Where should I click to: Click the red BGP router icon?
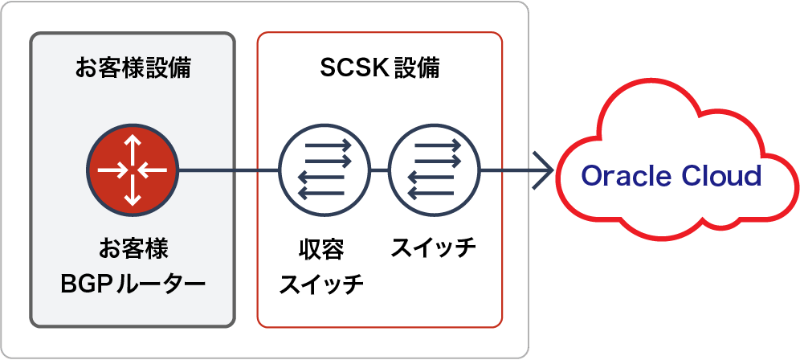(x=133, y=170)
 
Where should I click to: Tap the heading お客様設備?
(x=133, y=68)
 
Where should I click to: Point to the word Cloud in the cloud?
(x=716, y=176)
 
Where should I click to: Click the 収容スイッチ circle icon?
(x=324, y=170)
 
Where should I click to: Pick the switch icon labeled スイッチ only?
(x=434, y=170)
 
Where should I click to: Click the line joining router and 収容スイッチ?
(x=229, y=170)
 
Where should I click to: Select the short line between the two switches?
(x=379, y=170)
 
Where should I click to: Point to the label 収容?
(x=321, y=251)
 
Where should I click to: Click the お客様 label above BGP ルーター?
(x=133, y=248)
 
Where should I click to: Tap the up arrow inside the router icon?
(x=133, y=146)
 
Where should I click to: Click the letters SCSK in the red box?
(x=348, y=68)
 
